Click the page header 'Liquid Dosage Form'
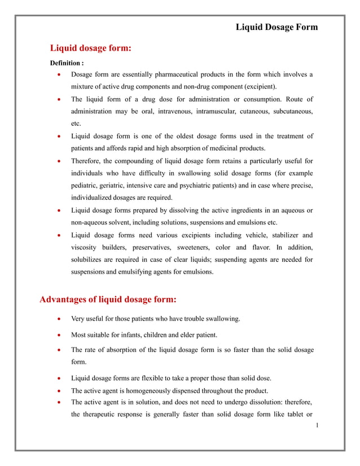click(x=276, y=27)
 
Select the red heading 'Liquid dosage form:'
click(x=91, y=49)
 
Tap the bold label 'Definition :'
click(x=67, y=63)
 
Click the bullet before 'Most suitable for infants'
click(x=60, y=335)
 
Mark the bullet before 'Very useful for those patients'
click(x=60, y=319)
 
